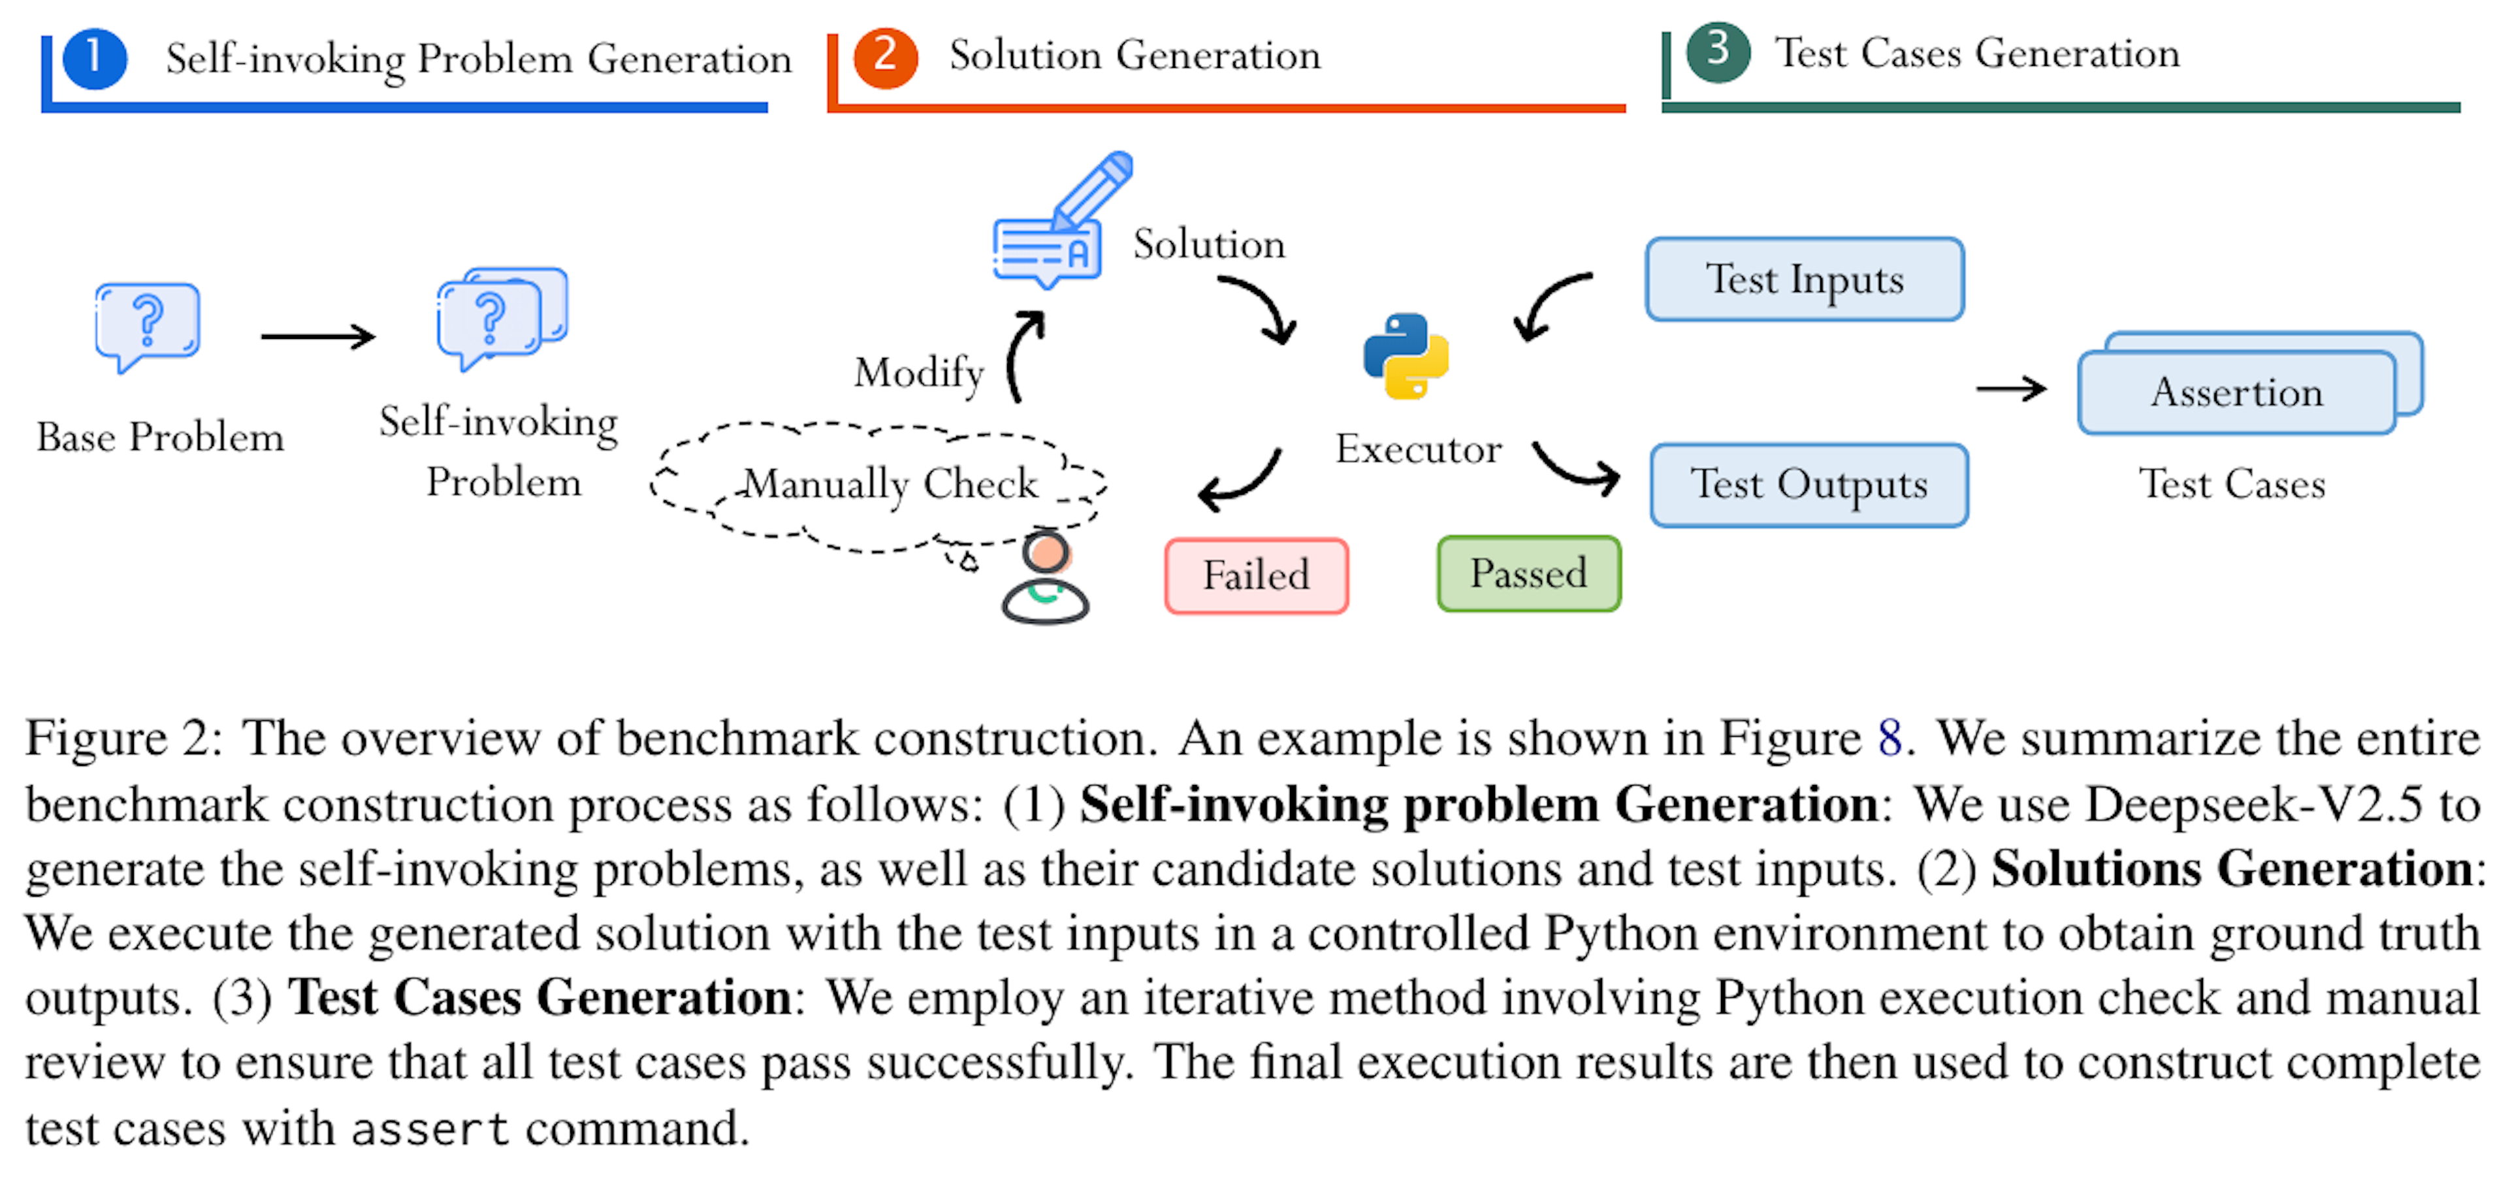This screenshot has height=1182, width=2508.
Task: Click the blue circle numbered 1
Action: coord(95,58)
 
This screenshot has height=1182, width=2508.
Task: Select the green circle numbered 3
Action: coord(1718,52)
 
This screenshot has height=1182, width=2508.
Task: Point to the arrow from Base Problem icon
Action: coord(317,337)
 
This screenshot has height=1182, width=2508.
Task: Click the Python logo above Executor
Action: coord(1406,357)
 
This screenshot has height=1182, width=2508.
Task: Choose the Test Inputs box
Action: coord(1804,280)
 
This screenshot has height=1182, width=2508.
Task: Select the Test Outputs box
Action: coord(1809,485)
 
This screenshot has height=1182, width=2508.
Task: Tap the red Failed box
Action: coord(1256,575)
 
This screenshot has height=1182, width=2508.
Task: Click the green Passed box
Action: coord(1528,573)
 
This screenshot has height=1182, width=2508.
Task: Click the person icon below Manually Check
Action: coord(1046,579)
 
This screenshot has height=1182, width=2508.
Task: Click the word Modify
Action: coord(918,373)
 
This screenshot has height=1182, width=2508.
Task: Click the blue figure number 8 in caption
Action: coord(1889,738)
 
